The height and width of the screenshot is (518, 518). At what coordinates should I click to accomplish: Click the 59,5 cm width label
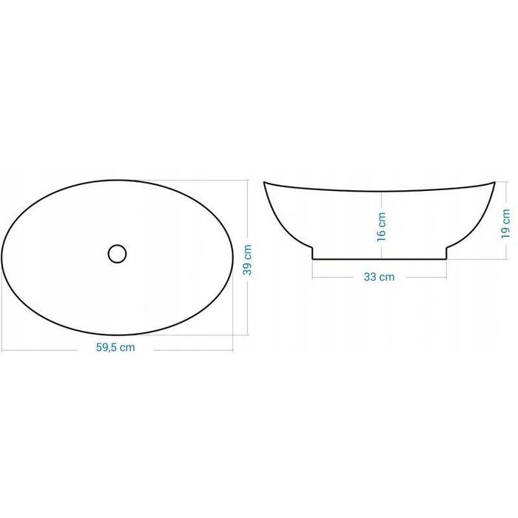[115, 347]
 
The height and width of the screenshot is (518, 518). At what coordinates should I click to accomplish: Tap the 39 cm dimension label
[247, 260]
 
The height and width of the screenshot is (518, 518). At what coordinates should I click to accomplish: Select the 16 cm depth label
[381, 226]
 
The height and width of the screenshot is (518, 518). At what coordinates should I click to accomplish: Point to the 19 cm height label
[505, 223]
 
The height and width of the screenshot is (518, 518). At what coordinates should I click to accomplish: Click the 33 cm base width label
[379, 277]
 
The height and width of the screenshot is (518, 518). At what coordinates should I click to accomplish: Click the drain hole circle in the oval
[117, 254]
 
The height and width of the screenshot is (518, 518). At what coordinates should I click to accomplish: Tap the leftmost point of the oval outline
[1, 257]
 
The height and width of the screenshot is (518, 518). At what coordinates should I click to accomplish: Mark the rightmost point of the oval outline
[233, 257]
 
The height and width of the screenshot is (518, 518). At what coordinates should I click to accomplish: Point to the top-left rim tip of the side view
[264, 182]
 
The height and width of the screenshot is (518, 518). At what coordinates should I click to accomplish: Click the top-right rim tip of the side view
[494, 182]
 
